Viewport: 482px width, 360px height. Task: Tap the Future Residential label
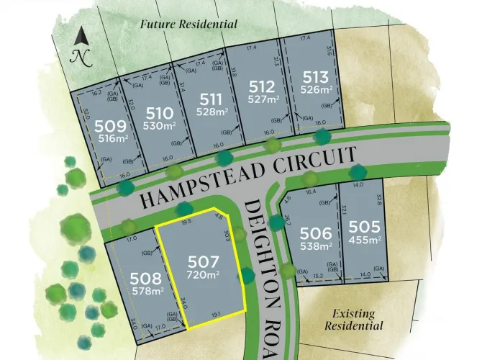[189, 24]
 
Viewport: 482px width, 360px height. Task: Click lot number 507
[202, 262]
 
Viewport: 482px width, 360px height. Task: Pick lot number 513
[316, 78]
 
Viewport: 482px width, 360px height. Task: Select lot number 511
[211, 99]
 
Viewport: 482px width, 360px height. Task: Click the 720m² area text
[203, 276]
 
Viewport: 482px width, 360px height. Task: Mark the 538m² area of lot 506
[316, 246]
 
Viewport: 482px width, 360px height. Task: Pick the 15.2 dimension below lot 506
[319, 273]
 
